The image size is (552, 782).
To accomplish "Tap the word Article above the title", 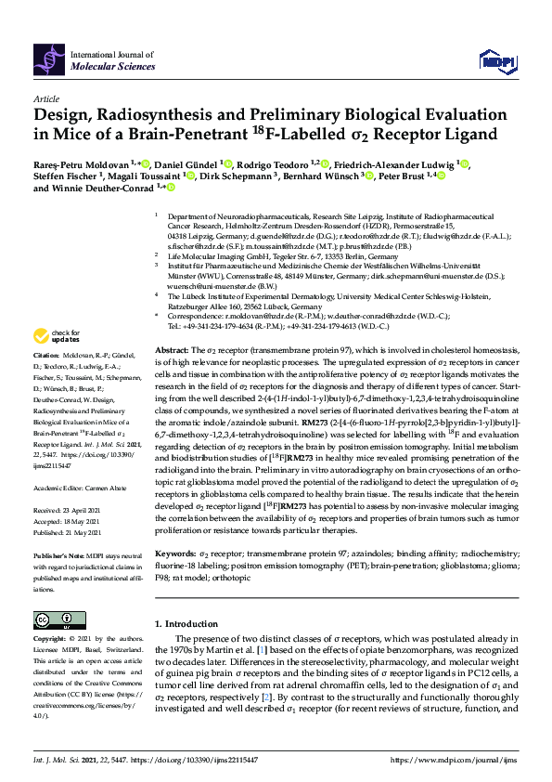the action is click(x=45, y=98).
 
